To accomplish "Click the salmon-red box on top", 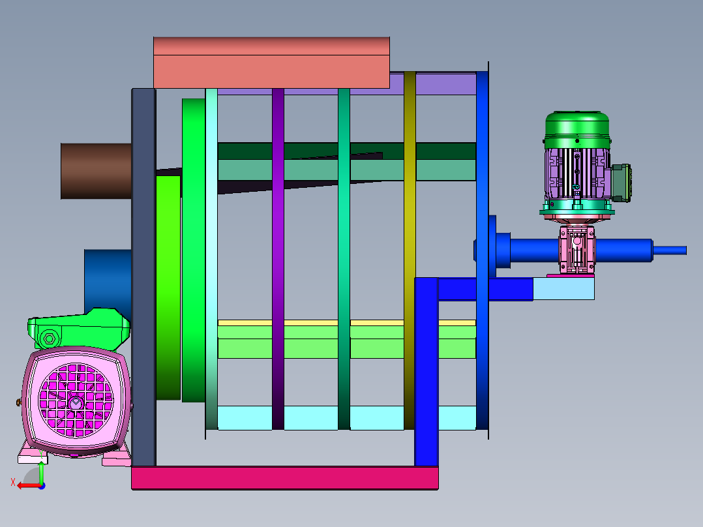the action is (271, 63).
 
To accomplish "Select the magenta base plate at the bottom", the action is (285, 478).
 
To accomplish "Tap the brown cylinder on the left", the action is (96, 171).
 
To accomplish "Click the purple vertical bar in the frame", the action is (278, 259).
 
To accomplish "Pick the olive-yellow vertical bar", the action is (410, 250).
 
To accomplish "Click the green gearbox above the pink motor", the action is (78, 328).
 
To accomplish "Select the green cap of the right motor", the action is (577, 130).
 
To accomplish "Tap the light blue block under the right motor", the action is (563, 288).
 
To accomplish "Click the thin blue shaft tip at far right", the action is (670, 250).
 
